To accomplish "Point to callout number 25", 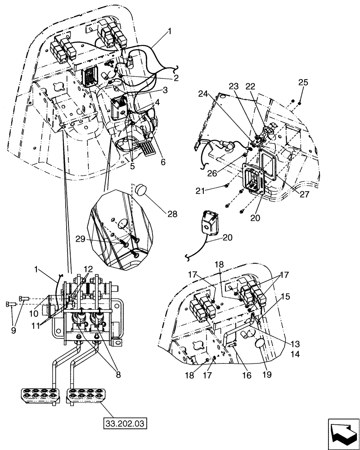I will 303,83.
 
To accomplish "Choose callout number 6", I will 162,162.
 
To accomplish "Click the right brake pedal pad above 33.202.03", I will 86,395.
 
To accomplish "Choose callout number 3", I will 165,90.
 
